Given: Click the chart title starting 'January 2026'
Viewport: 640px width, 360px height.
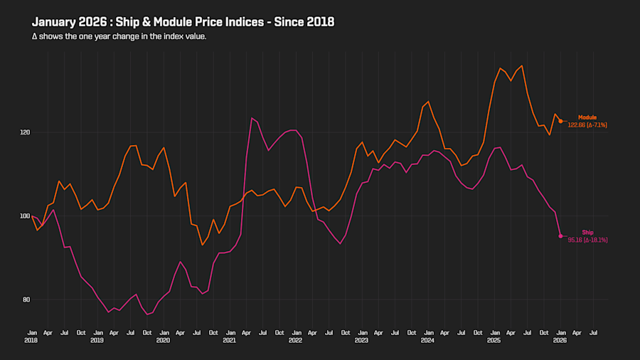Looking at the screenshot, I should tap(183, 22).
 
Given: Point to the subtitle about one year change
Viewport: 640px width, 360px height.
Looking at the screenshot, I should tap(119, 36).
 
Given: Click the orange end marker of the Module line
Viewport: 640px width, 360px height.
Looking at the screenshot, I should tap(560, 121).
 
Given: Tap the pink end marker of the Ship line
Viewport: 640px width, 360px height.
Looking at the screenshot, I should tap(560, 236).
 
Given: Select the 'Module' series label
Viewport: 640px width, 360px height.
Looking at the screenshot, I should tap(587, 117).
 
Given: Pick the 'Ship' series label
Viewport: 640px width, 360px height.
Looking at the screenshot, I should tap(587, 233).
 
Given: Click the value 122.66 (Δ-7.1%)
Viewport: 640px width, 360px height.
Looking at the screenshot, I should tap(587, 125).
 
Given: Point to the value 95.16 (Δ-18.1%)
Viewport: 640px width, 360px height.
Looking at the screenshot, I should tap(587, 240).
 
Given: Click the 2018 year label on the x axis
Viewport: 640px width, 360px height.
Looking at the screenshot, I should tap(32, 341).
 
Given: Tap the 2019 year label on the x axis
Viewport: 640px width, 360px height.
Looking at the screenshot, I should tap(98, 341).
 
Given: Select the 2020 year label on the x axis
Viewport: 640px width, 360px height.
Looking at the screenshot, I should tap(164, 341).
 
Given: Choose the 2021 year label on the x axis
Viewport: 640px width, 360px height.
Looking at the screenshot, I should tap(230, 341).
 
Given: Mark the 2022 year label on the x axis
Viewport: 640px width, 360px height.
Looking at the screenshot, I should tap(296, 341).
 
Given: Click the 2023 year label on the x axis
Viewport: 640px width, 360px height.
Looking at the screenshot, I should tap(362, 341).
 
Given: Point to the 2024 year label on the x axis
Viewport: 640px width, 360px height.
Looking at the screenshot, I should tap(428, 341).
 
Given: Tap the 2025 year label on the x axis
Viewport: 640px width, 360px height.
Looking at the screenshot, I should tap(494, 341).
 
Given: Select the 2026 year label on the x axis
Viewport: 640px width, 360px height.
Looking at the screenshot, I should tap(560, 341).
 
